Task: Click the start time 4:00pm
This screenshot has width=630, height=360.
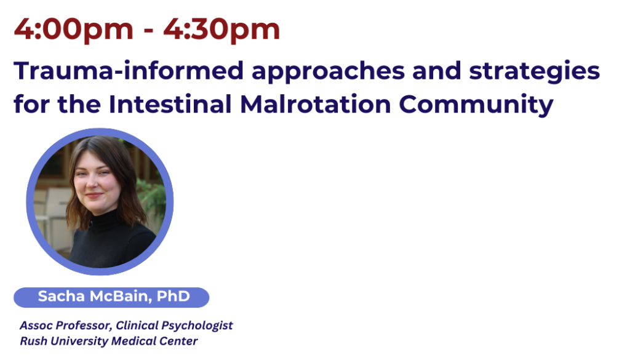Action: (x=74, y=30)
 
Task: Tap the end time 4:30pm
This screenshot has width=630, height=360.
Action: (x=221, y=30)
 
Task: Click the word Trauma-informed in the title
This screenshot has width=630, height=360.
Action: (x=129, y=71)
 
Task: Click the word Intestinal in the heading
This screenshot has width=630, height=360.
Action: (x=170, y=104)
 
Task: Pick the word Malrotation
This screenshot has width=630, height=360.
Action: (x=316, y=104)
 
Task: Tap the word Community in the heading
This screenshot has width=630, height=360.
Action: (x=476, y=105)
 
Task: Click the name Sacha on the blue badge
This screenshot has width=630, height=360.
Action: (x=62, y=297)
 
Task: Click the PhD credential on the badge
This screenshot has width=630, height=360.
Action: (x=173, y=297)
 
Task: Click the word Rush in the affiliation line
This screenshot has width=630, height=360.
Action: (x=33, y=341)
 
